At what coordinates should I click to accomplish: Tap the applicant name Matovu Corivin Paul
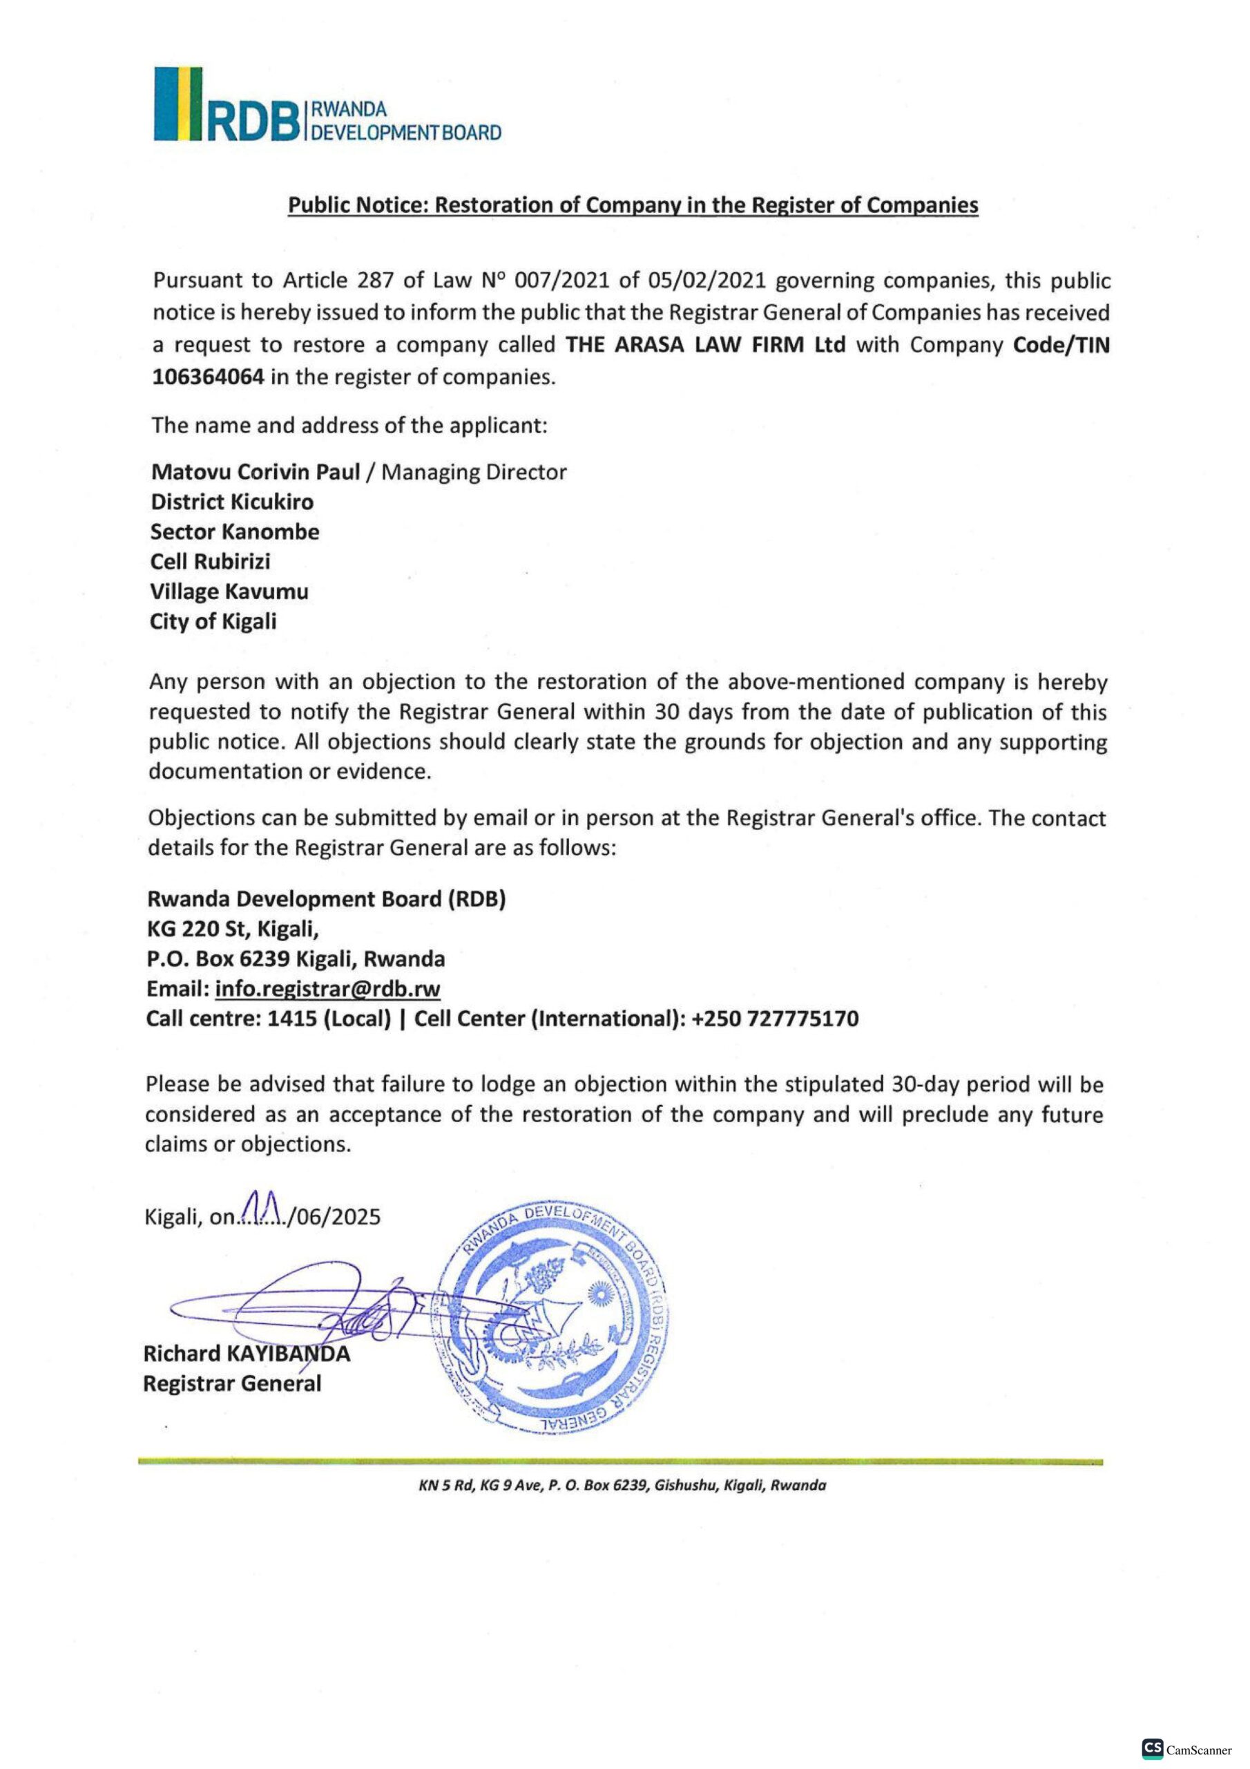coord(256,471)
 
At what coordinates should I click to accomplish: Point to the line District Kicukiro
coord(232,502)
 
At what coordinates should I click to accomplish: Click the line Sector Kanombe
coord(234,531)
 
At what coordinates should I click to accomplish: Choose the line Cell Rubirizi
coord(210,562)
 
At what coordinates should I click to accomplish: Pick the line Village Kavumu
coord(229,592)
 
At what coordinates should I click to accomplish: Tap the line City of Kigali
coord(213,622)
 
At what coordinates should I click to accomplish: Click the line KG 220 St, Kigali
coord(233,929)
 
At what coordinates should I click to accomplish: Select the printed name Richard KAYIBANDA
coord(247,1353)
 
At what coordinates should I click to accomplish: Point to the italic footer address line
coord(622,1486)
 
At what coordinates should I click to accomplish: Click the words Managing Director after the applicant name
coord(474,471)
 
